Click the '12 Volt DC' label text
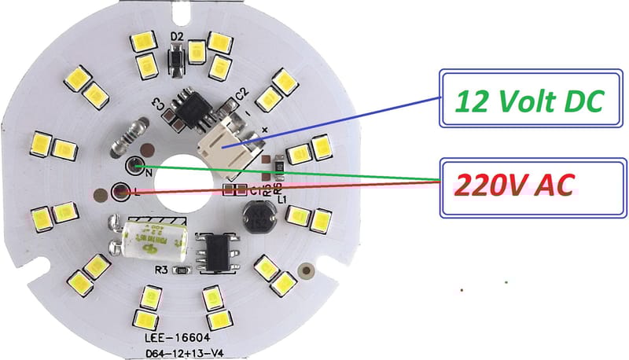(x=528, y=101)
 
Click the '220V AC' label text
(x=517, y=184)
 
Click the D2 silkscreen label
(x=177, y=35)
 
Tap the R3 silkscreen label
(x=161, y=271)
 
